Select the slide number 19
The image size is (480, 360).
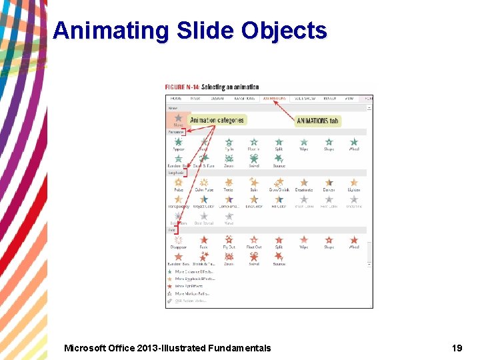click(457, 347)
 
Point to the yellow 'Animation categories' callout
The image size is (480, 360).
click(217, 120)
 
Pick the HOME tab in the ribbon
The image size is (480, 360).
click(177, 98)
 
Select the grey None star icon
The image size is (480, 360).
click(179, 118)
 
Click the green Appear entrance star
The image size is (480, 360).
click(179, 142)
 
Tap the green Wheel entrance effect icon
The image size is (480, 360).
click(354, 142)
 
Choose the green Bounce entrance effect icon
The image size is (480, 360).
click(279, 159)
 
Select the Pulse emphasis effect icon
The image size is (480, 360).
click(179, 183)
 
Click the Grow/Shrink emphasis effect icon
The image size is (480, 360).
click(279, 183)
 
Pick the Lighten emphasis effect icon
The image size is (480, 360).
click(354, 183)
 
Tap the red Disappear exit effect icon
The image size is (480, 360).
click(179, 240)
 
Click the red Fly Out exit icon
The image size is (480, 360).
click(229, 240)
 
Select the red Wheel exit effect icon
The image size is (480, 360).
click(354, 240)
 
